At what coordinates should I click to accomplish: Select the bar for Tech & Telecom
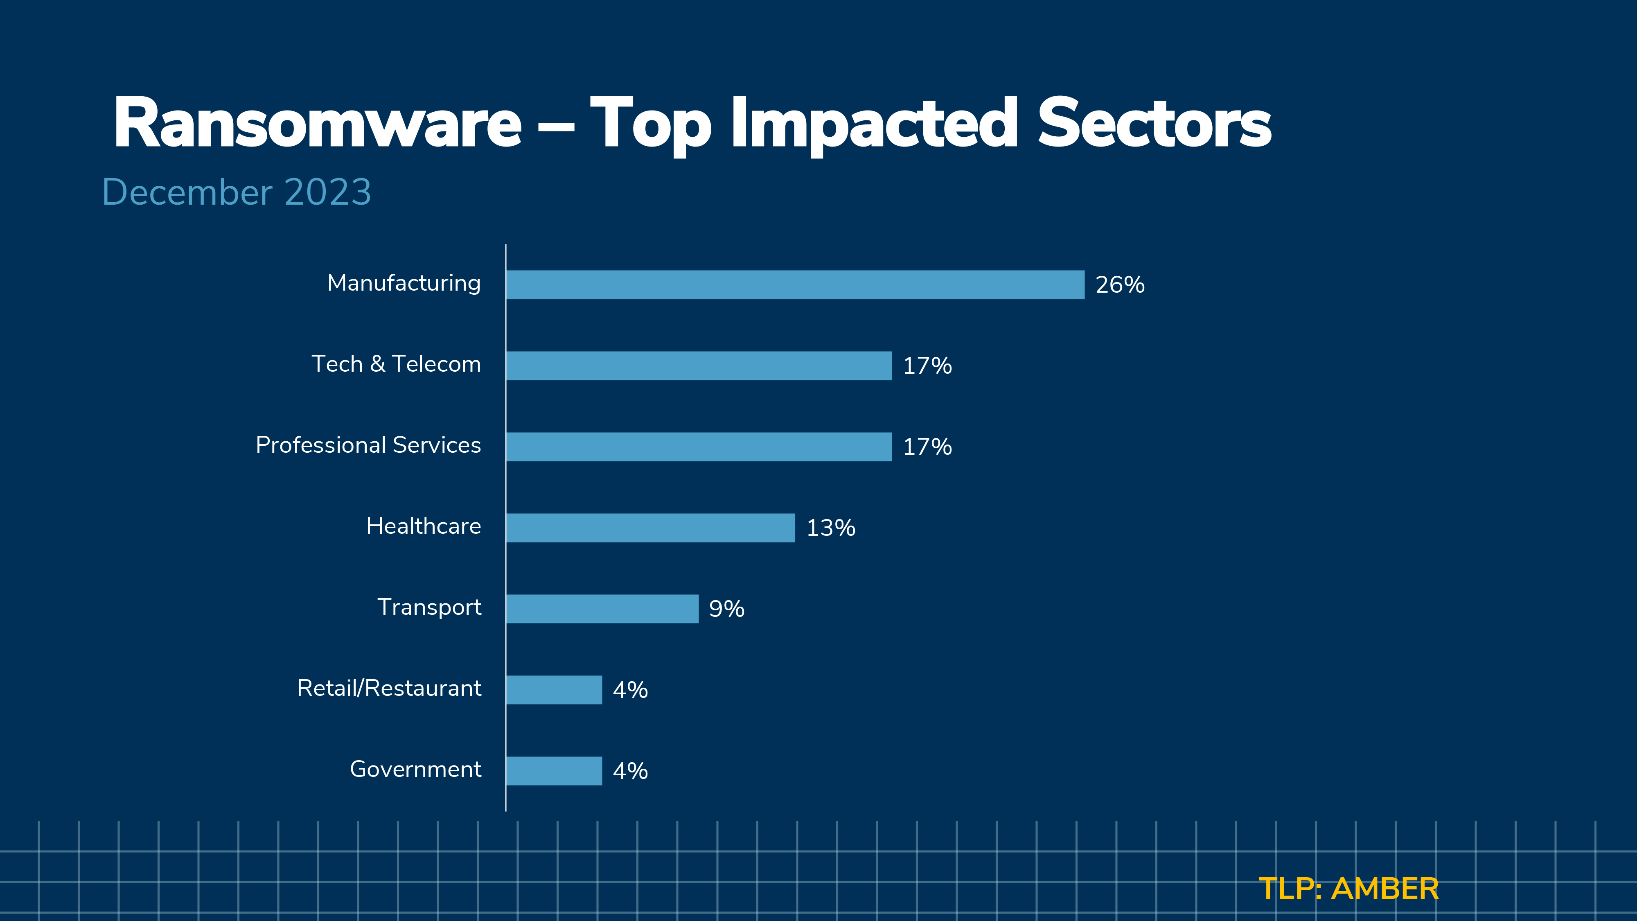click(699, 366)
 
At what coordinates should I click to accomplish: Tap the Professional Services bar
click(699, 447)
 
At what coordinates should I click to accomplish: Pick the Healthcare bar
click(650, 528)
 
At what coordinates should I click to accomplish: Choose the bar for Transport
click(602, 609)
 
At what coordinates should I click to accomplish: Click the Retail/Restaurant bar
click(553, 690)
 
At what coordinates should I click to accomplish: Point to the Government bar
click(553, 771)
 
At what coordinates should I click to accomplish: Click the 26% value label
click(1120, 285)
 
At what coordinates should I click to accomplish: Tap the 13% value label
click(831, 528)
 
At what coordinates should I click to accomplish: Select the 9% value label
click(726, 609)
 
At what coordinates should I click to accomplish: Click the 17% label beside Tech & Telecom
click(927, 366)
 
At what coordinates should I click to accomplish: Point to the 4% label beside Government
click(630, 771)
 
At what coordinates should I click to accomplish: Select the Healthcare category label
click(423, 526)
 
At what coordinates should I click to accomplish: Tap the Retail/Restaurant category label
click(389, 688)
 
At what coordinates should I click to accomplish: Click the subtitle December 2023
click(237, 192)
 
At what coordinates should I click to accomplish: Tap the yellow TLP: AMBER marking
click(1348, 889)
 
